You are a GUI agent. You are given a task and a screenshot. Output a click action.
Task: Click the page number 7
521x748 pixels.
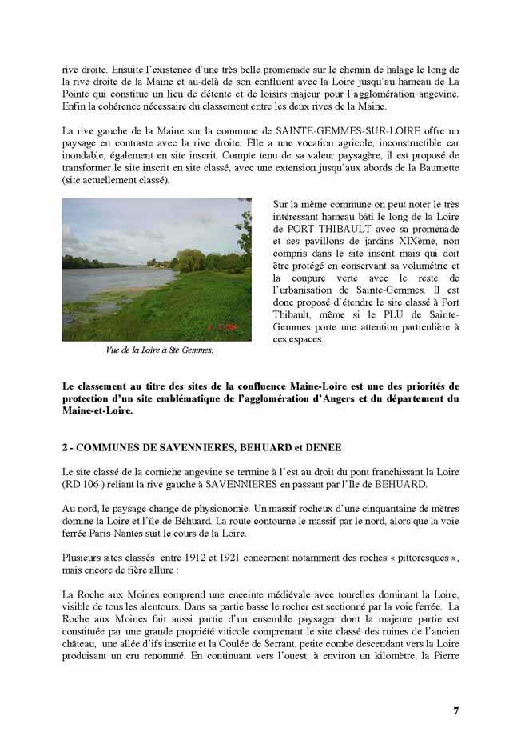455,710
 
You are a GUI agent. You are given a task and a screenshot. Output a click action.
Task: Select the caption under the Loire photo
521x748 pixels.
149,350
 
